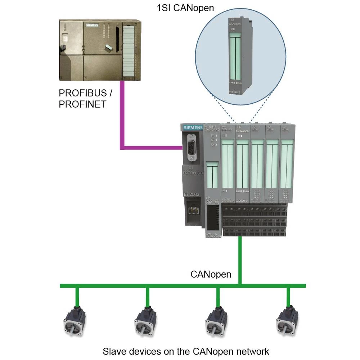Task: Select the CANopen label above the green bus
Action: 211,274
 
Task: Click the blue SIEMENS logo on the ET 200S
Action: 193,128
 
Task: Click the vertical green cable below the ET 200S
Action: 239,259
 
